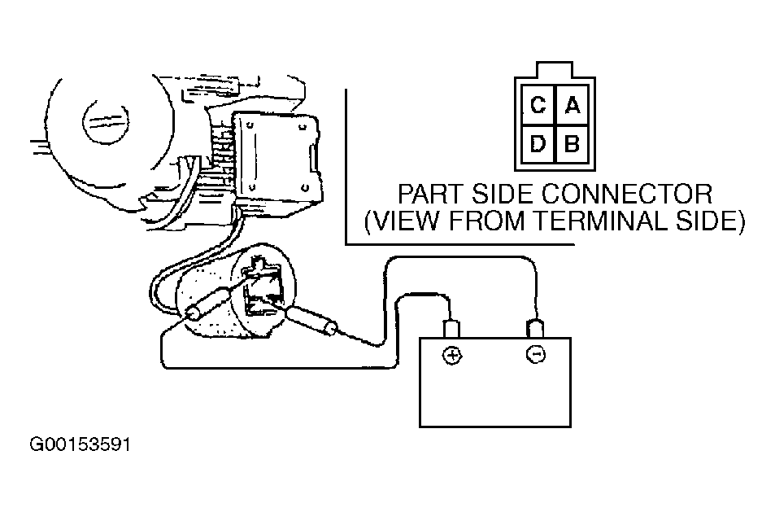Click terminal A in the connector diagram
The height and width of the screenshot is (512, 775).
point(572,105)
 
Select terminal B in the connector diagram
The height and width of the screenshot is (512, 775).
point(572,145)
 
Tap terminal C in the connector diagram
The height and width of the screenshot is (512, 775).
point(538,105)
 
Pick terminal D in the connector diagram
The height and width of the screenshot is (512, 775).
point(538,145)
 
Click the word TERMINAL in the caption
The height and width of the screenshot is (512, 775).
point(607,221)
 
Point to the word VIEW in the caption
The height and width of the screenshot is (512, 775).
point(404,221)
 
